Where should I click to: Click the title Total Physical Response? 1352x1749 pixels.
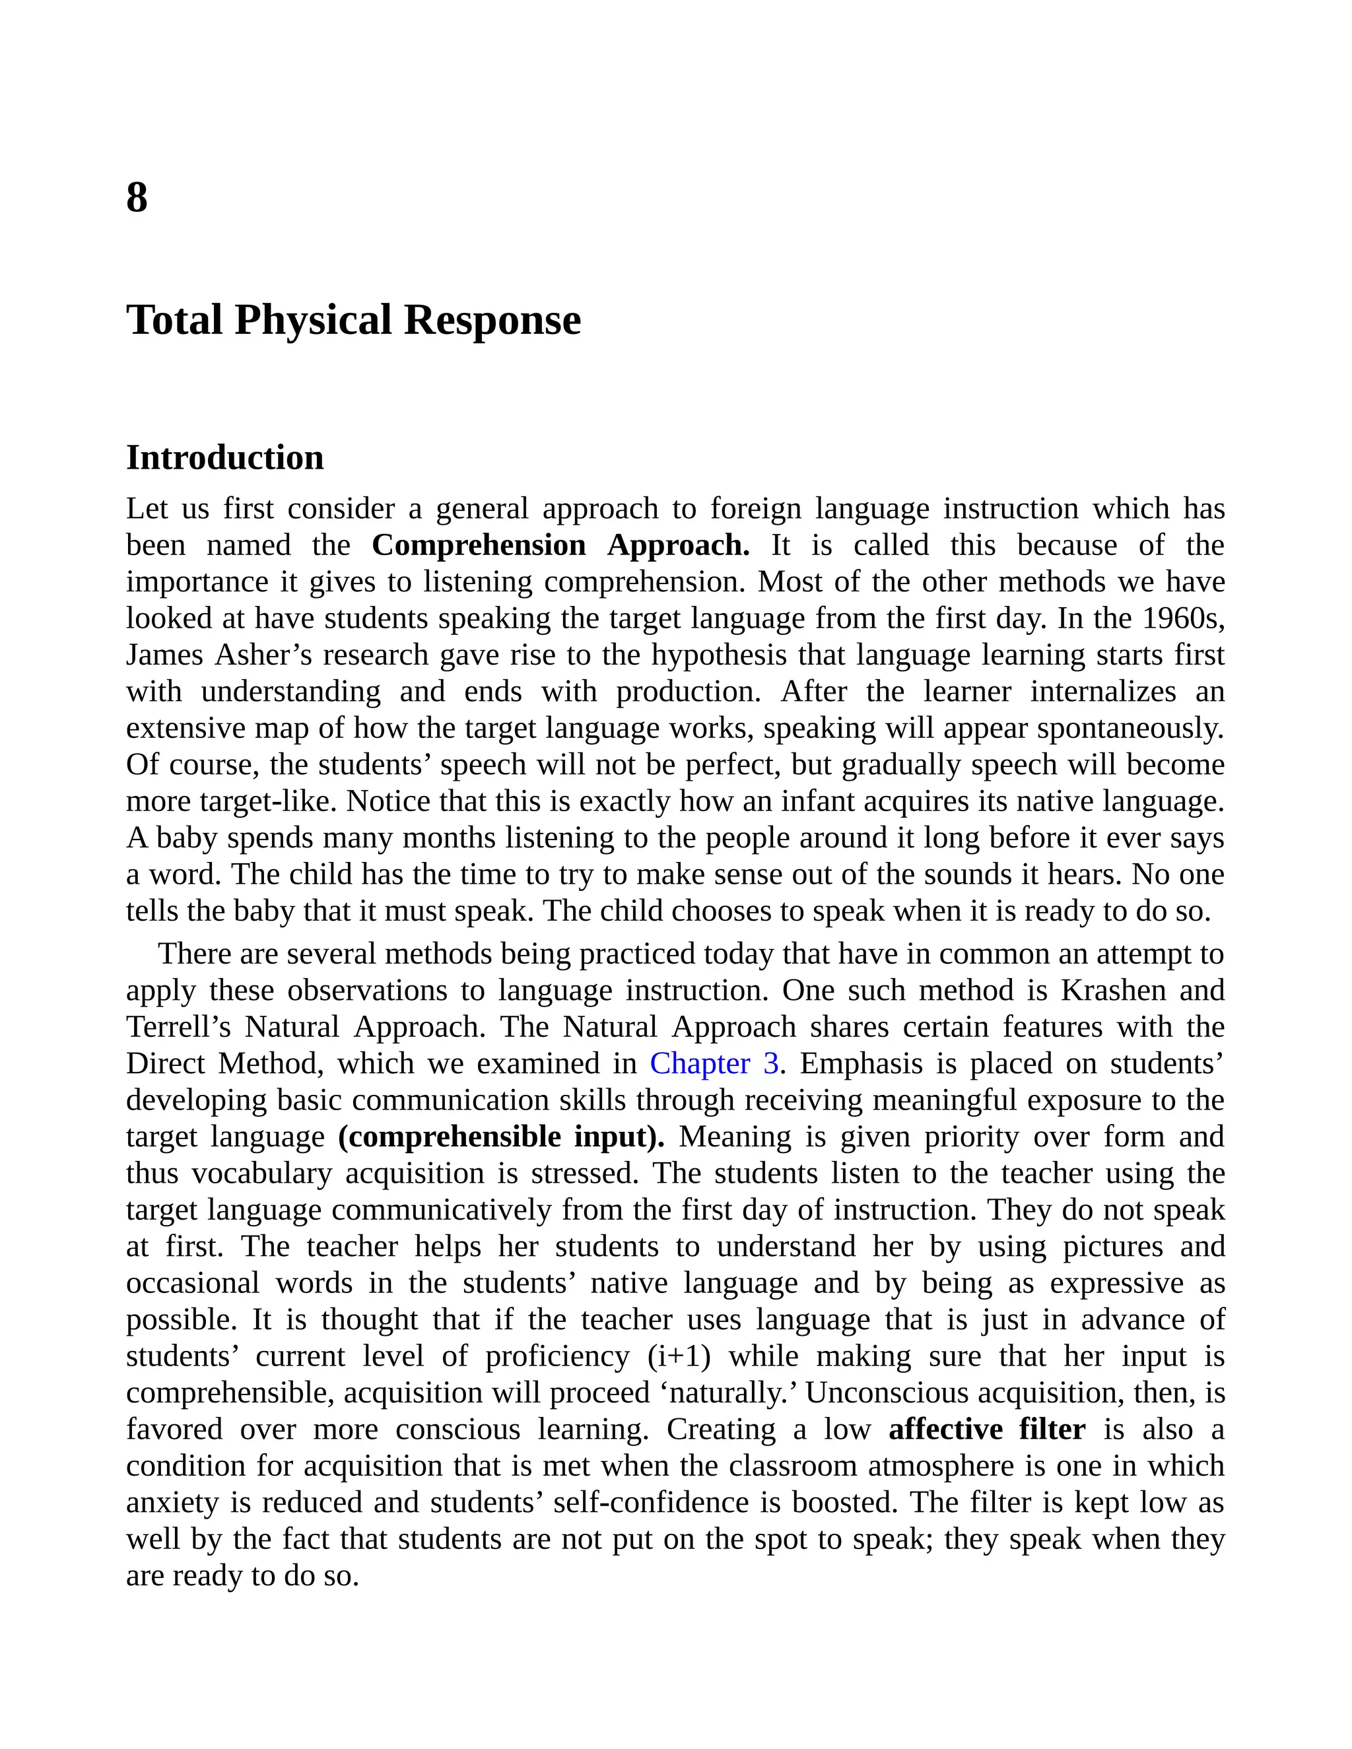click(353, 319)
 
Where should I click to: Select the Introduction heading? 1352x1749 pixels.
click(225, 458)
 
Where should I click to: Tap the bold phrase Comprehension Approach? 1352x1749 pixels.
click(560, 545)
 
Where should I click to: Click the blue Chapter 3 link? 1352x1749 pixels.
click(714, 1063)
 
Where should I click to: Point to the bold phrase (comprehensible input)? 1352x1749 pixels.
click(502, 1137)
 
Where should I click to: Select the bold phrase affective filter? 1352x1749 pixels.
click(987, 1429)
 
